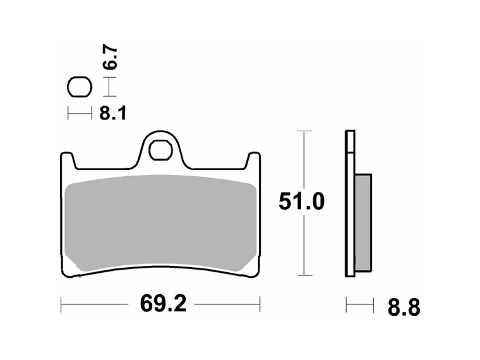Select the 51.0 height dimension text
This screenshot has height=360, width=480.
[301, 203]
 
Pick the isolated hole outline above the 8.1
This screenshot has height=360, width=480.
[80, 87]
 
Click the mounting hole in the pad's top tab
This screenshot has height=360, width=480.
[160, 152]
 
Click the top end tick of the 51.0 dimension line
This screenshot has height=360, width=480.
[304, 131]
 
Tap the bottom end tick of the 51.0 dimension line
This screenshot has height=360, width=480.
[304, 275]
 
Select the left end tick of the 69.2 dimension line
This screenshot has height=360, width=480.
[61, 305]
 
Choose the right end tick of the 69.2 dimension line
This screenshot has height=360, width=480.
[260, 305]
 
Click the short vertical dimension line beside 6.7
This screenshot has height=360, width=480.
[111, 87]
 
